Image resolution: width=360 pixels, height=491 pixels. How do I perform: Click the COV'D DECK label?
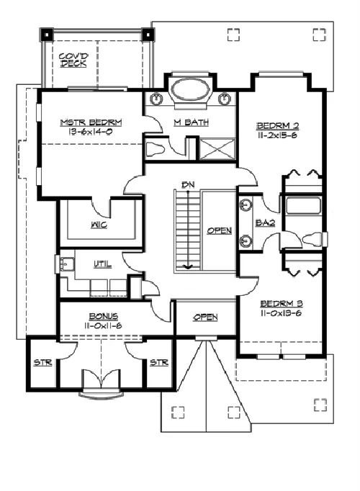click(x=74, y=60)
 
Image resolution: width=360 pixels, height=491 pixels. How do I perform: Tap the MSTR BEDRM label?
click(x=91, y=122)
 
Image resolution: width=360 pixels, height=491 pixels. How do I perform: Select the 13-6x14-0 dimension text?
click(x=90, y=132)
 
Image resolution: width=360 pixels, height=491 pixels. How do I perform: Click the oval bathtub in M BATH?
click(x=191, y=89)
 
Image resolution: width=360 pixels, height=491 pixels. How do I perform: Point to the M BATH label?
click(x=192, y=122)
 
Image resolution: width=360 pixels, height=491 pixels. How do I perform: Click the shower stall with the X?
click(x=217, y=149)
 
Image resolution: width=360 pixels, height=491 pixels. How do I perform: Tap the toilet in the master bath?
click(x=156, y=149)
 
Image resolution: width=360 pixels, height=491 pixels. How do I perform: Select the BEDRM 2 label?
click(x=278, y=126)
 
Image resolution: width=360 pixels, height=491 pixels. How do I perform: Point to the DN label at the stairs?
click(x=188, y=185)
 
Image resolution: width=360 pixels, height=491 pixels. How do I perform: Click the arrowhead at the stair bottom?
click(x=188, y=266)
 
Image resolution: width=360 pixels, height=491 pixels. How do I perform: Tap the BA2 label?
click(x=266, y=223)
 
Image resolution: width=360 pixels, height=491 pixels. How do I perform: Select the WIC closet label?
click(x=99, y=225)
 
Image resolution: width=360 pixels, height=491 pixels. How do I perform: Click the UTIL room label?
click(x=103, y=264)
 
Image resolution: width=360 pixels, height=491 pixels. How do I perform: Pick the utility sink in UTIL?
click(x=66, y=264)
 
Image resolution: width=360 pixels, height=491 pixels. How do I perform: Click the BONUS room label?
click(x=104, y=316)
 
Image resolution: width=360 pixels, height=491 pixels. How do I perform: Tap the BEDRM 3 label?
click(x=282, y=303)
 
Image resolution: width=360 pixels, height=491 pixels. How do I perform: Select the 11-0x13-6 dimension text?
click(x=281, y=313)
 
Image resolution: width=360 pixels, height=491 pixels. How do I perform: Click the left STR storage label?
click(x=43, y=362)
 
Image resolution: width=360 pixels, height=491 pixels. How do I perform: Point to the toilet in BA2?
click(x=313, y=239)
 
